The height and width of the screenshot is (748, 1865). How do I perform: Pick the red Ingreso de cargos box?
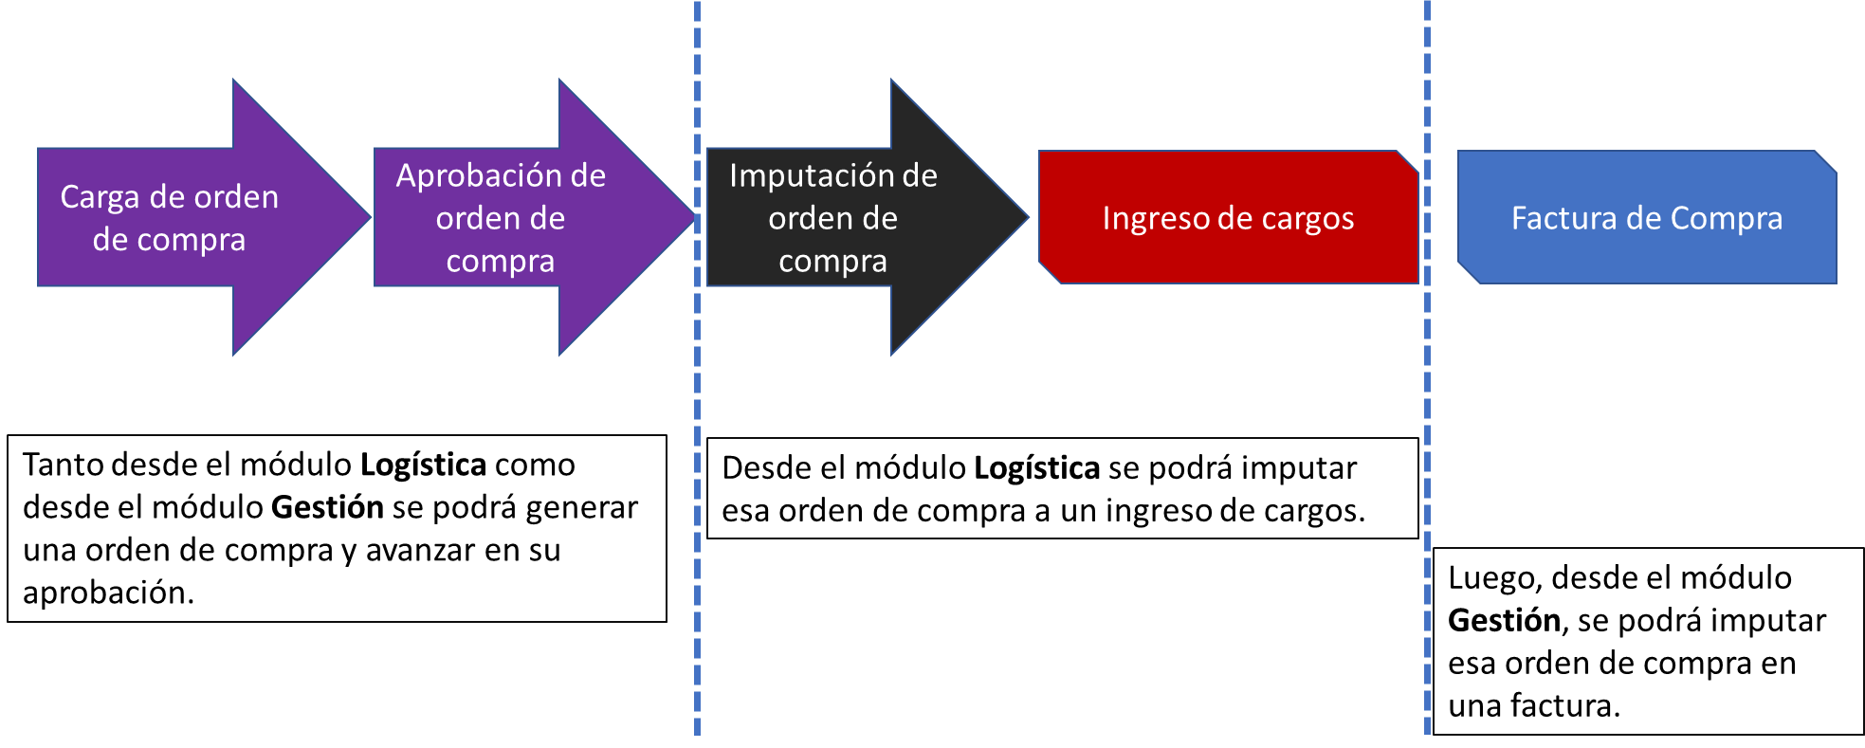[x=1229, y=217]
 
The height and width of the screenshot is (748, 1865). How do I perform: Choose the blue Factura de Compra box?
[x=1647, y=217]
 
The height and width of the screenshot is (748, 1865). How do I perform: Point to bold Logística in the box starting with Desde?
[x=1037, y=468]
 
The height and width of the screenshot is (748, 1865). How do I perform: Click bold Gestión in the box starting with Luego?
[x=1505, y=620]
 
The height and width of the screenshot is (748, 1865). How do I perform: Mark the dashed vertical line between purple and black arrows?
[x=698, y=368]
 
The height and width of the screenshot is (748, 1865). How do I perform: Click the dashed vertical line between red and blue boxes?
[x=1427, y=368]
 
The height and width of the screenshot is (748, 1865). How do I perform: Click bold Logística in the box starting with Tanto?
[x=424, y=465]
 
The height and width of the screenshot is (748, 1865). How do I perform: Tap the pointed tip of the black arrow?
[x=1029, y=217]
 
